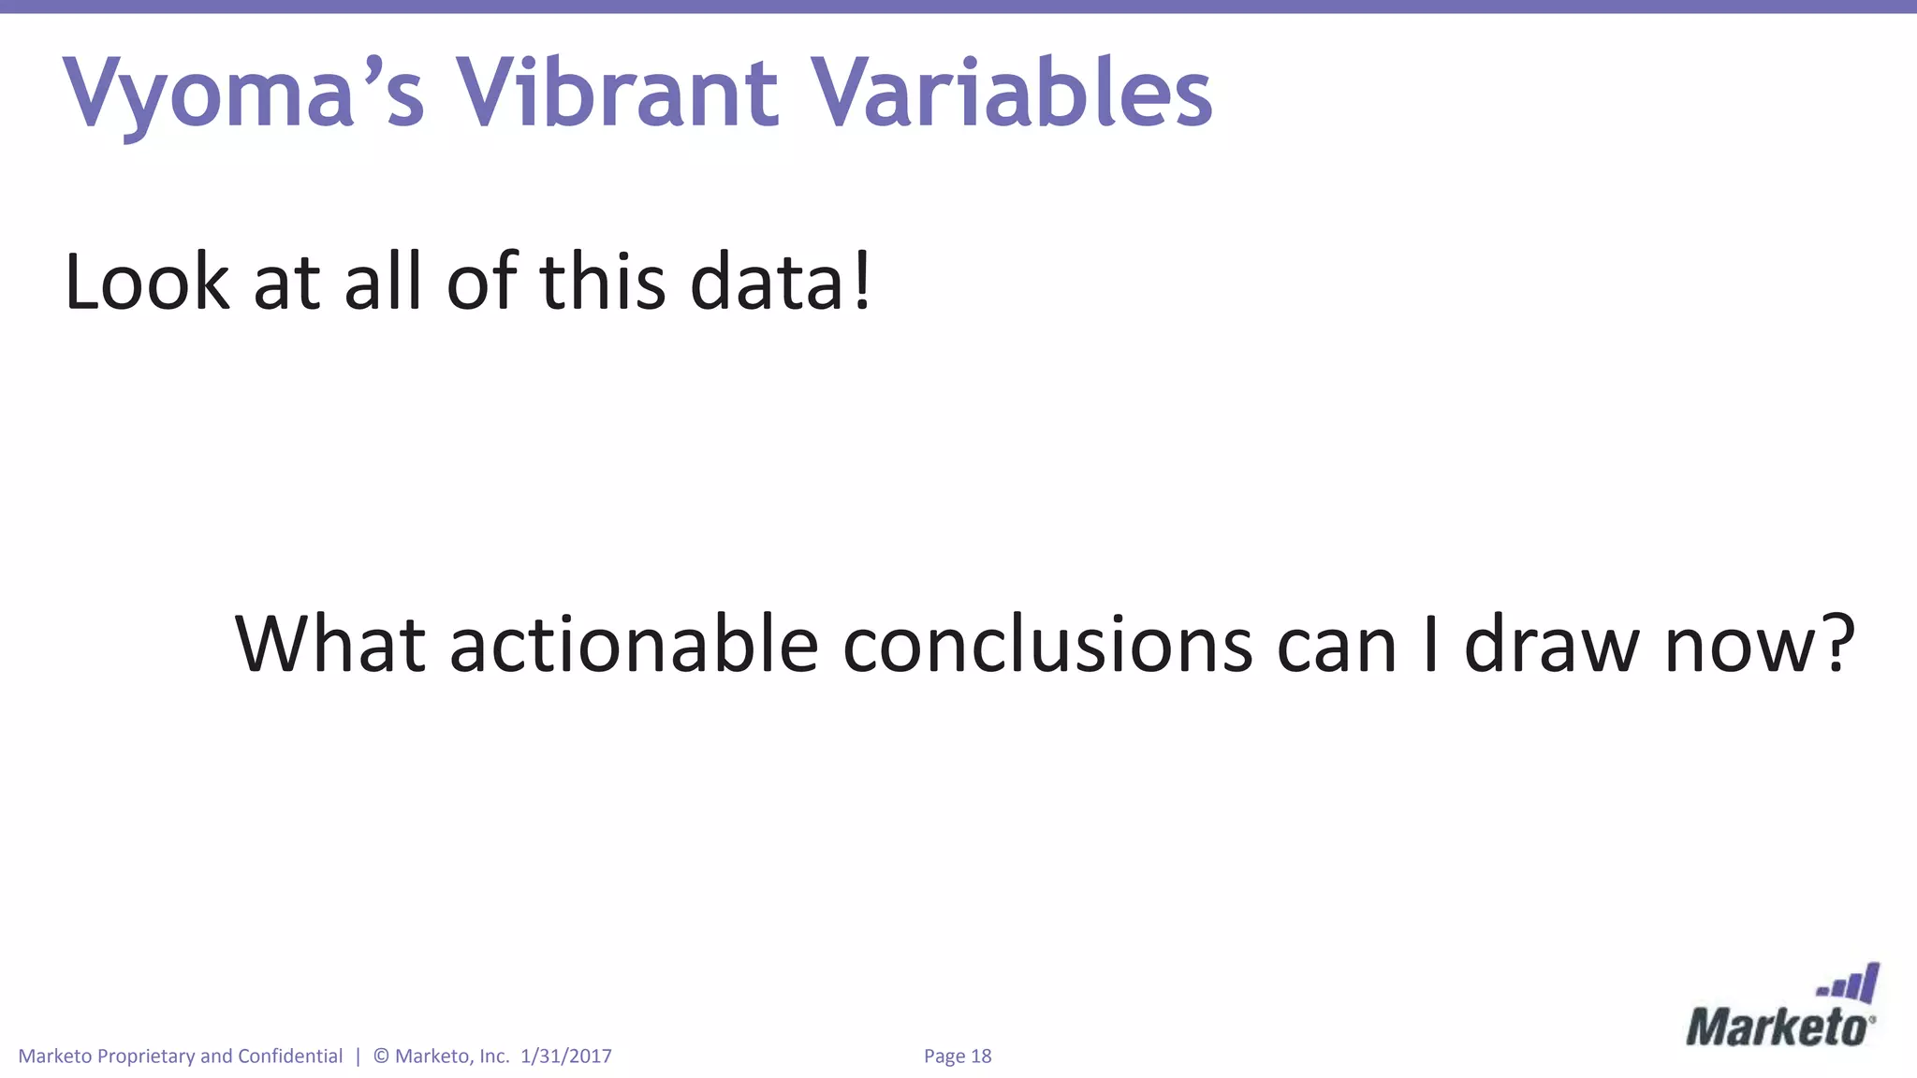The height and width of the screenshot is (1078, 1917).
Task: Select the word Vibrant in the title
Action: pyautogui.click(x=616, y=94)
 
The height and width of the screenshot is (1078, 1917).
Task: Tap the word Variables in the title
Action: pyautogui.click(x=1011, y=94)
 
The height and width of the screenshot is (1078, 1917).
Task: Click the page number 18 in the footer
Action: pyautogui.click(x=980, y=1056)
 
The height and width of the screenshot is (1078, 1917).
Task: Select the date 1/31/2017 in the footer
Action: pyautogui.click(x=565, y=1056)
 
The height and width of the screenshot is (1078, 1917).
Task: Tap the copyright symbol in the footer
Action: pyautogui.click(x=381, y=1056)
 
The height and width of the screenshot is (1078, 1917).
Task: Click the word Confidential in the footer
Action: pyautogui.click(x=290, y=1056)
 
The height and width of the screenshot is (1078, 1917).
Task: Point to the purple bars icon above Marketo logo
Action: pyautogui.click(x=1850, y=985)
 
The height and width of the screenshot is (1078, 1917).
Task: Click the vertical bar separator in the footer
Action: pyautogui.click(x=358, y=1056)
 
